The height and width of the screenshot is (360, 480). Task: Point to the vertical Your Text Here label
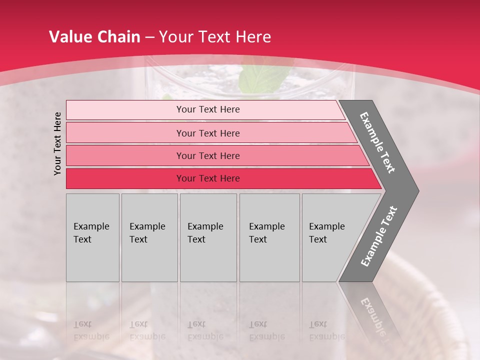click(x=57, y=143)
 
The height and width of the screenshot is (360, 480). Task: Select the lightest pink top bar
click(x=205, y=110)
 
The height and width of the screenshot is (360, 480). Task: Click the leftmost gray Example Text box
click(x=92, y=237)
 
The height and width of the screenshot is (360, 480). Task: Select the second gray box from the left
click(x=149, y=237)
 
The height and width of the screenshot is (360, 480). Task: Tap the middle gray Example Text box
click(x=208, y=237)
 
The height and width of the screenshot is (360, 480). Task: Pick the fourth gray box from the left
click(x=269, y=237)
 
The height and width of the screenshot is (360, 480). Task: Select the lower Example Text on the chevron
click(x=379, y=236)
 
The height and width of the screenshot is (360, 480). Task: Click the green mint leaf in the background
click(x=263, y=77)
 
